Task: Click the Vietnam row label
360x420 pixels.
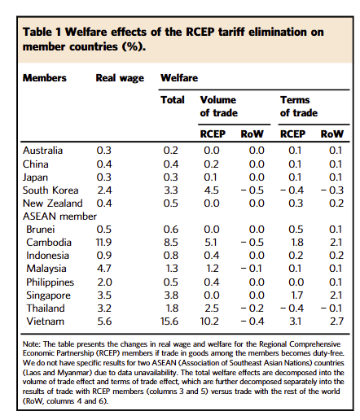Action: (46, 322)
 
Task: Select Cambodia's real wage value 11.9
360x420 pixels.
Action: (103, 243)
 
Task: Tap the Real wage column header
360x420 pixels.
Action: (120, 78)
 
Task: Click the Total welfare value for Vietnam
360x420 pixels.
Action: (169, 322)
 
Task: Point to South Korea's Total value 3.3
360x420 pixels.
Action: (171, 190)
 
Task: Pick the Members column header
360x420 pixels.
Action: (45, 78)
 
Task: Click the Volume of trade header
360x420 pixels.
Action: (219, 107)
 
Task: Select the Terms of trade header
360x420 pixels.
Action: (299, 107)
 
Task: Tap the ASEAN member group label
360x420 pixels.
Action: (59, 217)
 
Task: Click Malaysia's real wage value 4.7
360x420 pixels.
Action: (104, 269)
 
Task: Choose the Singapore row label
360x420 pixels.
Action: (48, 295)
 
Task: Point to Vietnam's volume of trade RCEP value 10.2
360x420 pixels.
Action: (209, 322)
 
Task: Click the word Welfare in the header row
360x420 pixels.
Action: (179, 78)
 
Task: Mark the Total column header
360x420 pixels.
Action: (173, 100)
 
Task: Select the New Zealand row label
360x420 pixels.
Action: (53, 203)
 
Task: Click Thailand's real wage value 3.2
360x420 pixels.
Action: (104, 308)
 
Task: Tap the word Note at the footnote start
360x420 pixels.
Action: (32, 344)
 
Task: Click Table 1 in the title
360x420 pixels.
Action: (42, 32)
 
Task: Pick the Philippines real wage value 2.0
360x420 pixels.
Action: (104, 282)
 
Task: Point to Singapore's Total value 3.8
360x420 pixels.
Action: (171, 295)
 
